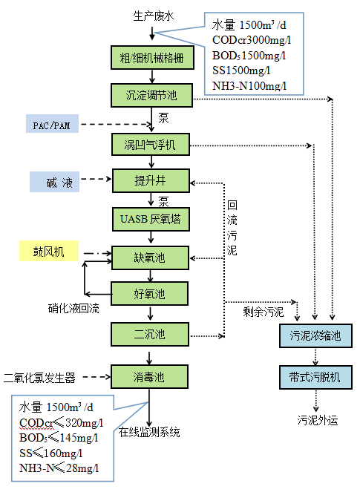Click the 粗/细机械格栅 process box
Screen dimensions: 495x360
click(151, 58)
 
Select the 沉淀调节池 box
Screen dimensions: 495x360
click(151, 94)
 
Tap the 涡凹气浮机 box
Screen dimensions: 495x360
click(151, 142)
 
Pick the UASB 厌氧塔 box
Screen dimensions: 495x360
click(151, 220)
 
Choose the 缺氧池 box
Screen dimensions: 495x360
click(151, 257)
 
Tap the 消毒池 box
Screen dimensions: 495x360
click(151, 376)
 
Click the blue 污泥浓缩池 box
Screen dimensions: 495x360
click(315, 336)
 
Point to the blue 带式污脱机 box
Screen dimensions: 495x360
click(315, 377)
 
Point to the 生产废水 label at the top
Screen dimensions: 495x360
click(151, 15)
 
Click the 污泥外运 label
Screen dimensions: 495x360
click(317, 420)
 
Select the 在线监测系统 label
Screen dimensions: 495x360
click(150, 433)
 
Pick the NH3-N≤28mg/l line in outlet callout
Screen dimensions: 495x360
click(59, 468)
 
